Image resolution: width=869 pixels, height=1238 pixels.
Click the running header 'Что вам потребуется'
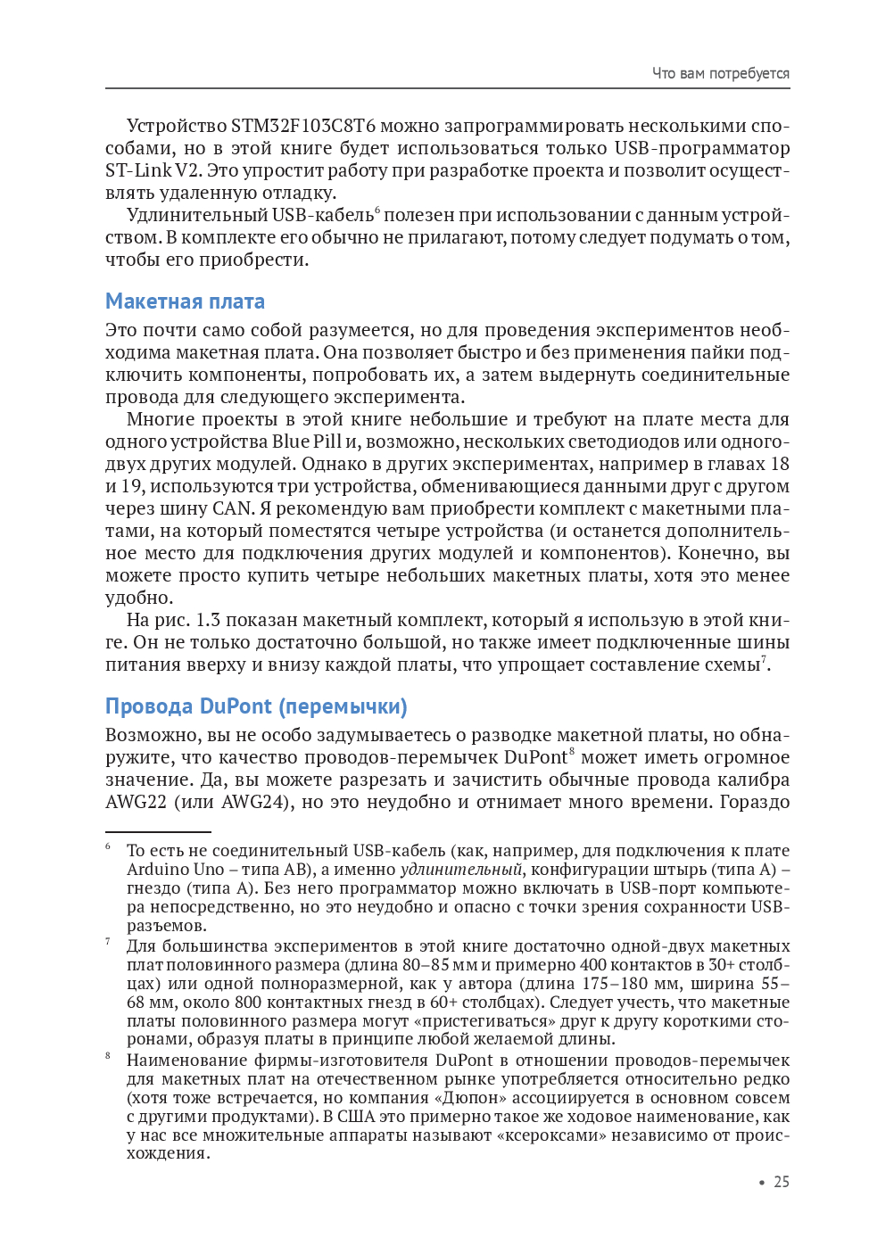coord(720,73)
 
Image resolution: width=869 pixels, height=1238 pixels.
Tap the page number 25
coord(782,1182)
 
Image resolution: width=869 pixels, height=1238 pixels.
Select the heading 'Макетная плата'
coord(185,301)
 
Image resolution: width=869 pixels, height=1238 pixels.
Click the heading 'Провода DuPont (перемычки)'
coord(256,706)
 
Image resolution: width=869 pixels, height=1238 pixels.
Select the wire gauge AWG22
coord(136,802)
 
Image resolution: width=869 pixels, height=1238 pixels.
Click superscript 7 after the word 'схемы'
coord(764,659)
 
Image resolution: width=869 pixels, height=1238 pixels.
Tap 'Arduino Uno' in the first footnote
coord(176,870)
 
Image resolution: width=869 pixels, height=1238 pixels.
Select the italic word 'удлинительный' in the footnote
coord(461,870)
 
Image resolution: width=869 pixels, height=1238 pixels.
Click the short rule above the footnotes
coord(158,832)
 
